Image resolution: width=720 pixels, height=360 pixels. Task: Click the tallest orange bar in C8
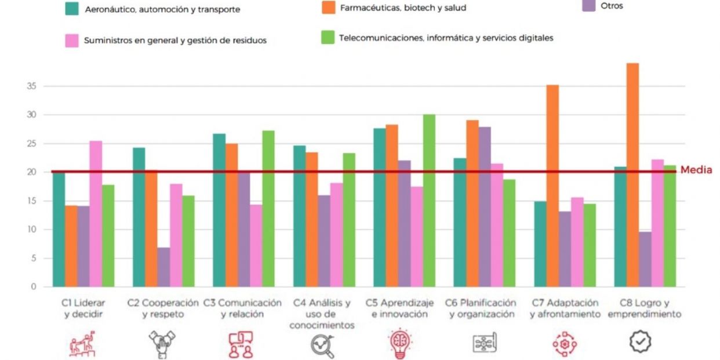pyautogui.click(x=632, y=174)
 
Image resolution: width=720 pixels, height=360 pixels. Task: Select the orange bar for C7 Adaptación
pyautogui.click(x=552, y=186)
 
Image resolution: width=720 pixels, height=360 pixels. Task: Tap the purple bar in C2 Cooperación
pyautogui.click(x=163, y=267)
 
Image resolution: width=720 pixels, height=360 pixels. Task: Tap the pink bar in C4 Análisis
pyautogui.click(x=336, y=235)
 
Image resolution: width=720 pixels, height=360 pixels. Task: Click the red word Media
pyautogui.click(x=696, y=170)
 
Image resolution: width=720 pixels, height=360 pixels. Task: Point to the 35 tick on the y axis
pyautogui.click(x=31, y=86)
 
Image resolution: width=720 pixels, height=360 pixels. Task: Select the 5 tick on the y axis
pyautogui.click(x=34, y=258)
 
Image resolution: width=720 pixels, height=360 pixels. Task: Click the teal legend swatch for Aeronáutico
pyautogui.click(x=72, y=8)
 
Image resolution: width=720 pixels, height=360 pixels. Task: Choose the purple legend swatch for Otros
pyautogui.click(x=588, y=6)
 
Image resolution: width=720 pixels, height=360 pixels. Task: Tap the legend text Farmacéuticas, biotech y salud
pyautogui.click(x=403, y=8)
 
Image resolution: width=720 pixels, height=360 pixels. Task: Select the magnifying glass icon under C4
pyautogui.click(x=322, y=346)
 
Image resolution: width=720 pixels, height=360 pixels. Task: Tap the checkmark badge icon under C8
pyautogui.click(x=640, y=343)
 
